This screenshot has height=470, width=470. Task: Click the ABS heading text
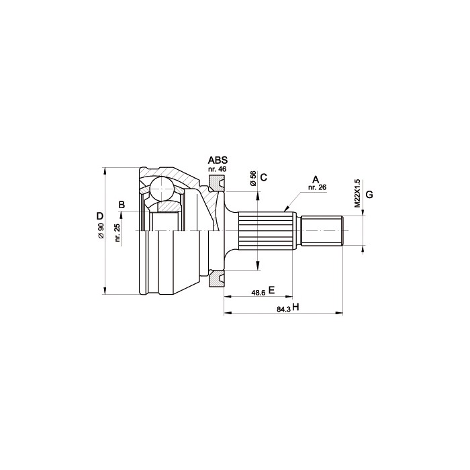tap(218, 160)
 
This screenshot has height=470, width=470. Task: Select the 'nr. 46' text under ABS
tap(218, 169)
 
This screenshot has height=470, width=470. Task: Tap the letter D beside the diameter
tap(100, 216)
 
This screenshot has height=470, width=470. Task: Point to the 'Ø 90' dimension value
tap(101, 231)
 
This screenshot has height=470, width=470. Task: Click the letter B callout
tap(122, 205)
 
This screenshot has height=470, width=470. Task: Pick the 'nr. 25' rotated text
tap(117, 233)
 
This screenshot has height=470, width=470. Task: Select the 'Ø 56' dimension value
tap(253, 179)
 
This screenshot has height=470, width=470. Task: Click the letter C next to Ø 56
tap(264, 177)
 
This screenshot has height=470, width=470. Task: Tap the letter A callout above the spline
tap(316, 179)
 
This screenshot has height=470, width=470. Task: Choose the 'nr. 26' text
tap(317, 187)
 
